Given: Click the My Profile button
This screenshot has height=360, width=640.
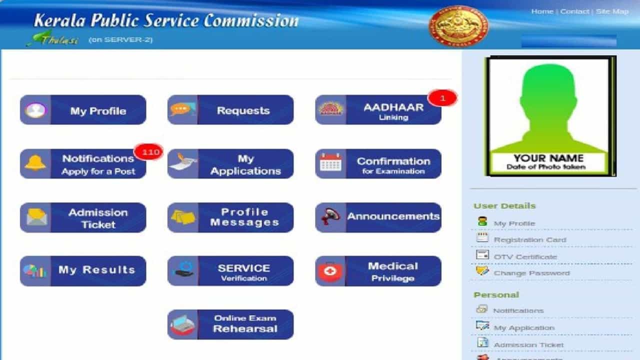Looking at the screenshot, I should pyautogui.click(x=83, y=110).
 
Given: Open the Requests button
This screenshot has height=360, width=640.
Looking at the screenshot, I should pyautogui.click(x=230, y=110).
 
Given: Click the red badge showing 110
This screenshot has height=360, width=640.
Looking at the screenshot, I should pyautogui.click(x=148, y=151).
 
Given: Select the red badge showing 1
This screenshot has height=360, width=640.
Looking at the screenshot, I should pyautogui.click(x=442, y=98).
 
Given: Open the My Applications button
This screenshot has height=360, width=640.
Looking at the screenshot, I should pyautogui.click(x=230, y=164).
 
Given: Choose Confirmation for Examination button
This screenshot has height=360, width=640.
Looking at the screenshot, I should pyautogui.click(x=378, y=164).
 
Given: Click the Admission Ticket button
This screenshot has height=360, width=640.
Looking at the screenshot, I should pyautogui.click(x=83, y=217).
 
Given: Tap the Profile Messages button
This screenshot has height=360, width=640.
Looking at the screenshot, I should pyautogui.click(x=230, y=217).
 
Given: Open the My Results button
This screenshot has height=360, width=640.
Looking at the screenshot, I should pyautogui.click(x=83, y=271).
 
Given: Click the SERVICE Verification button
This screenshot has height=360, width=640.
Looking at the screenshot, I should pyautogui.click(x=230, y=271).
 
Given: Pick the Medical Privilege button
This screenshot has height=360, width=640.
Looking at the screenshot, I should pyautogui.click(x=378, y=271).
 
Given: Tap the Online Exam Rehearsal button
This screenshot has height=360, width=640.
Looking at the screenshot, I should pyautogui.click(x=230, y=324).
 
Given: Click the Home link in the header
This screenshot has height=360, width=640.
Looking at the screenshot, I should pyautogui.click(x=541, y=11).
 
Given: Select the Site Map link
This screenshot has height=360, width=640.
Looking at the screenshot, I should pyautogui.click(x=612, y=11).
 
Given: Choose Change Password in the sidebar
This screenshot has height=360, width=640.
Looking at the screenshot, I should pyautogui.click(x=531, y=273).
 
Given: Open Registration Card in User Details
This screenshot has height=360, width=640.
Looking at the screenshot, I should pyautogui.click(x=529, y=239).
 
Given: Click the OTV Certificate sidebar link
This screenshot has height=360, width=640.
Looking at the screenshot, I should pyautogui.click(x=525, y=256).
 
